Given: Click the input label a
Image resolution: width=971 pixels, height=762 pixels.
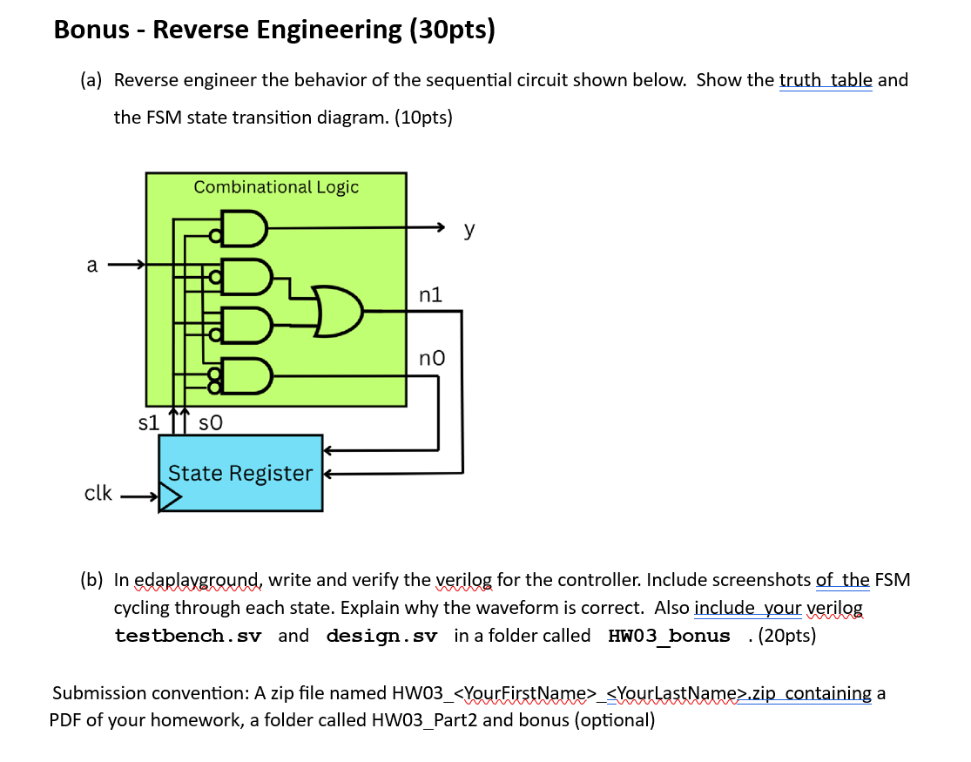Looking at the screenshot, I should click(x=91, y=265).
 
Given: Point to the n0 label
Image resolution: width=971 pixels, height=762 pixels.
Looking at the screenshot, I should click(x=431, y=357).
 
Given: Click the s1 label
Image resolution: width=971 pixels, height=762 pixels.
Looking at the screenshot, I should click(x=149, y=423).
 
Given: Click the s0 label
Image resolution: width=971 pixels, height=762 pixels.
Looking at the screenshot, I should click(x=211, y=423).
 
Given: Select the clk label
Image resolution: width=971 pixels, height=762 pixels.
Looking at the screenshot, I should click(x=98, y=493).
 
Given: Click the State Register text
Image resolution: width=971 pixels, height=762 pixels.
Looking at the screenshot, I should click(x=239, y=473).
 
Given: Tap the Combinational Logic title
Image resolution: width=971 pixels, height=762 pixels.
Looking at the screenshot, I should click(x=275, y=186).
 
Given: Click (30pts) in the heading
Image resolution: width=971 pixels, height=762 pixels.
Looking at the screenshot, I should click(x=452, y=30).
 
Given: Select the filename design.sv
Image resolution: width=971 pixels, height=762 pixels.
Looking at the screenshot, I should click(x=381, y=636).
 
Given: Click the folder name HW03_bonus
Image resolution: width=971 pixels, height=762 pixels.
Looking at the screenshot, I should click(x=669, y=636).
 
